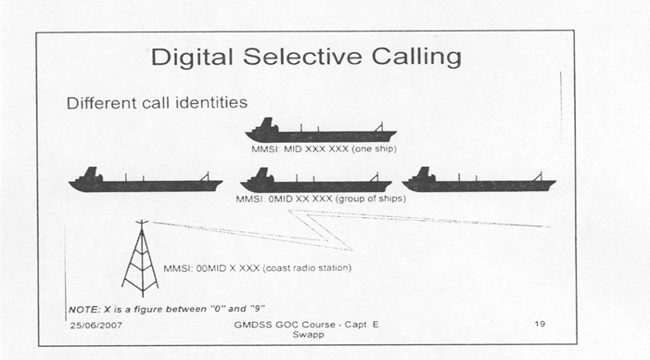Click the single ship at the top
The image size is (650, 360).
(318, 131)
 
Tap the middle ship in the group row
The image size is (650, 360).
(315, 181)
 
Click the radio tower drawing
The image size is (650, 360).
(140, 257)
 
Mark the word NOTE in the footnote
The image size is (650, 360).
(82, 307)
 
